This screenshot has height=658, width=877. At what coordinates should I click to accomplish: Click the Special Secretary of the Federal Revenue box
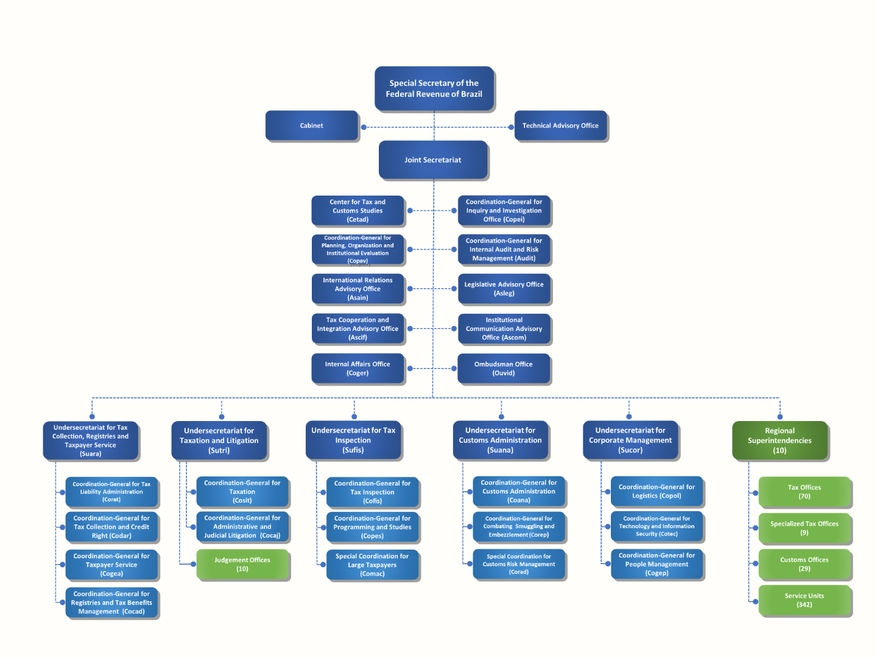tap(434, 88)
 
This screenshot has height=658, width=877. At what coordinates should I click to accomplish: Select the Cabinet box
tap(311, 126)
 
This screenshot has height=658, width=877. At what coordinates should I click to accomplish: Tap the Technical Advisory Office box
tap(560, 126)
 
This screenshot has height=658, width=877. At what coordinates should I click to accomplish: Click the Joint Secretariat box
tap(433, 160)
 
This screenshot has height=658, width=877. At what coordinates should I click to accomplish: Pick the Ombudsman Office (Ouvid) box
tap(504, 369)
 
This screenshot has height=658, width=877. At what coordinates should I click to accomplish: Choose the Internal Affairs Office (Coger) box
tap(357, 369)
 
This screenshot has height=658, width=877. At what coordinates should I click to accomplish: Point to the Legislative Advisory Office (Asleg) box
tap(504, 289)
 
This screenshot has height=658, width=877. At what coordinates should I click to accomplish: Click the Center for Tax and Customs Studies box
tap(357, 210)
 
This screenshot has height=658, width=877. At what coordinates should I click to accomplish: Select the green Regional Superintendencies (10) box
tap(780, 440)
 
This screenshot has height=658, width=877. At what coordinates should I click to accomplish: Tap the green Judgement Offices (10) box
tap(242, 564)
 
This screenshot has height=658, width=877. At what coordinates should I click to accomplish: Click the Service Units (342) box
tap(804, 600)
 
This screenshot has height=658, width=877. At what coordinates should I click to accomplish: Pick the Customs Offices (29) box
tap(804, 564)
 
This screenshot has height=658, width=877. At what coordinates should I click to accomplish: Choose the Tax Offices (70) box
tap(804, 492)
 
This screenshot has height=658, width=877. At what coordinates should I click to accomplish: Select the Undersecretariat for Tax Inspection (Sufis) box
tap(353, 440)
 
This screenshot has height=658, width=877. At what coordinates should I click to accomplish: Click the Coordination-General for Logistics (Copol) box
tap(657, 491)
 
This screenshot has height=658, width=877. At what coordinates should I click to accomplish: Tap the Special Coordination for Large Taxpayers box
tap(372, 565)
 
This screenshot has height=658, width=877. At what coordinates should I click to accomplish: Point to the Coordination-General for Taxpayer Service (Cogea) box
tap(111, 565)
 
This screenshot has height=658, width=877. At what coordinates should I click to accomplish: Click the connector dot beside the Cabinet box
tap(364, 127)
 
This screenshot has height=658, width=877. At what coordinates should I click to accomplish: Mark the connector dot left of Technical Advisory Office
tap(510, 127)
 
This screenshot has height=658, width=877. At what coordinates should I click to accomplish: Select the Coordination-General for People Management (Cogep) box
tap(657, 564)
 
